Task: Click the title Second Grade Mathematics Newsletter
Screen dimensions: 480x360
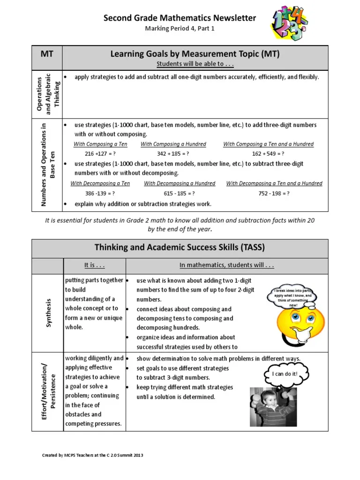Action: pyautogui.click(x=180, y=18)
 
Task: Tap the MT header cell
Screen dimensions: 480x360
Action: pyautogui.click(x=46, y=54)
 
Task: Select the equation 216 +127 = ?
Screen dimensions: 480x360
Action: pyautogui.click(x=100, y=153)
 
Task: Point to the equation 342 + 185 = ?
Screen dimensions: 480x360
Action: pyautogui.click(x=173, y=153)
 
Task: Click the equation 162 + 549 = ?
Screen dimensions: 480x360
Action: pyautogui.click(x=268, y=153)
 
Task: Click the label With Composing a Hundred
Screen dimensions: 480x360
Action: pyautogui.click(x=173, y=144)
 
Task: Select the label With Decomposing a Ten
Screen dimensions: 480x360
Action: pyautogui.click(x=100, y=183)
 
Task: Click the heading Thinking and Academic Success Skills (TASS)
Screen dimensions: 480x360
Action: pyautogui.click(x=180, y=247)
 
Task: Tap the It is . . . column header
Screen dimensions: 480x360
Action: pyautogui.click(x=94, y=265)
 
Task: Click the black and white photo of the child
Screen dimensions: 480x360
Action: pyautogui.click(x=269, y=407)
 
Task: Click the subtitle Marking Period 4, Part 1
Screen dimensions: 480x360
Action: pyautogui.click(x=180, y=29)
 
